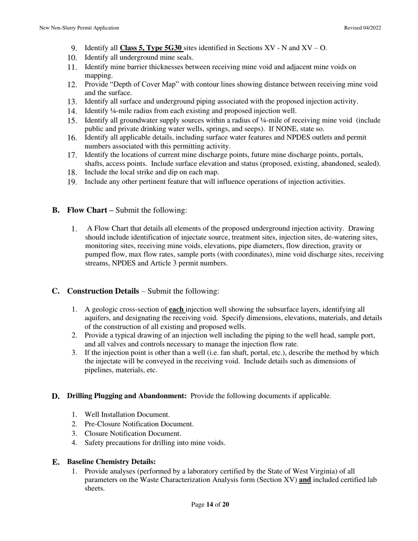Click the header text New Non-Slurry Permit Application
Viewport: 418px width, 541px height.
(79, 28)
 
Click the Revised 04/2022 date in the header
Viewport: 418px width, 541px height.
(363, 28)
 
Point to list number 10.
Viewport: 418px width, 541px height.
(73, 58)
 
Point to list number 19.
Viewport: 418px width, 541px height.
(73, 182)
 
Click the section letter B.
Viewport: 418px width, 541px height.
(55, 210)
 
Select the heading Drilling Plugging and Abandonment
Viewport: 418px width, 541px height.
(127, 396)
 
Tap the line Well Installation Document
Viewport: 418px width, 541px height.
(127, 414)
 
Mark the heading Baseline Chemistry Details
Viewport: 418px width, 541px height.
(111, 462)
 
